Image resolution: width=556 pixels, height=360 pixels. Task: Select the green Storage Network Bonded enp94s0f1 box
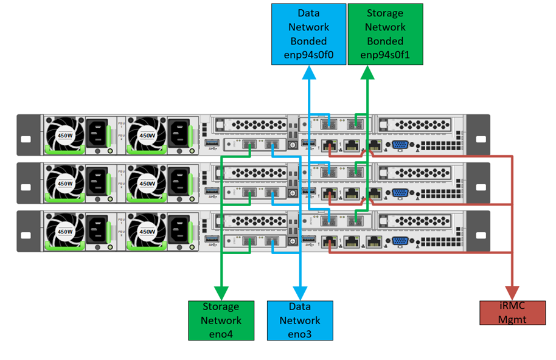[385, 34]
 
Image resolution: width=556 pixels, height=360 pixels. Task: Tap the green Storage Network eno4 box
[221, 320]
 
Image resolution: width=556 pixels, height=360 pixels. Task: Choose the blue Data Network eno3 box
[299, 320]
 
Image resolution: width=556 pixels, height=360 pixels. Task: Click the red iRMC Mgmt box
[512, 313]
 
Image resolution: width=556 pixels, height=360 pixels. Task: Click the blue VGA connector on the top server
[400, 145]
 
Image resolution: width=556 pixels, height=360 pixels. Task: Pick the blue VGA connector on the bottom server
[400, 241]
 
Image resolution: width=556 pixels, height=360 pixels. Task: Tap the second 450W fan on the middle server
[147, 182]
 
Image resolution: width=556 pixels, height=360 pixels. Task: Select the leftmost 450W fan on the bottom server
[66, 231]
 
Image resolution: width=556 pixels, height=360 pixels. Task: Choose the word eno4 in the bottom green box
[221, 334]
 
